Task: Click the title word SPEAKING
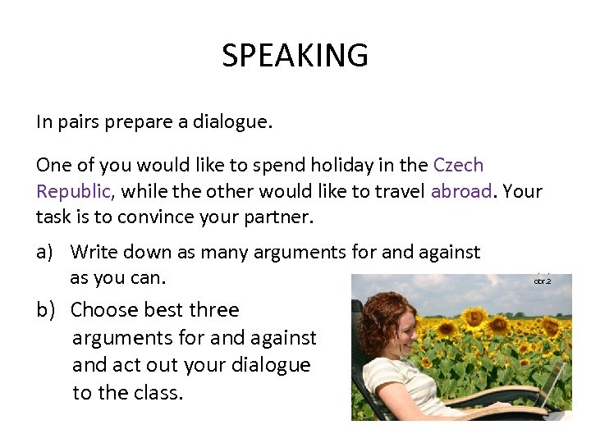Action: tap(295, 56)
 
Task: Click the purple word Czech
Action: tap(458, 165)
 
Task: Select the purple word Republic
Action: tap(72, 191)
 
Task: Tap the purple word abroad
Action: tap(461, 191)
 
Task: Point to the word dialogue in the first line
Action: tap(231, 122)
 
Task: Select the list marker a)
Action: tap(46, 252)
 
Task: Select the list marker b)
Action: tap(46, 310)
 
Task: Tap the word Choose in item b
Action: tap(103, 310)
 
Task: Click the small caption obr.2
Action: tap(543, 281)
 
